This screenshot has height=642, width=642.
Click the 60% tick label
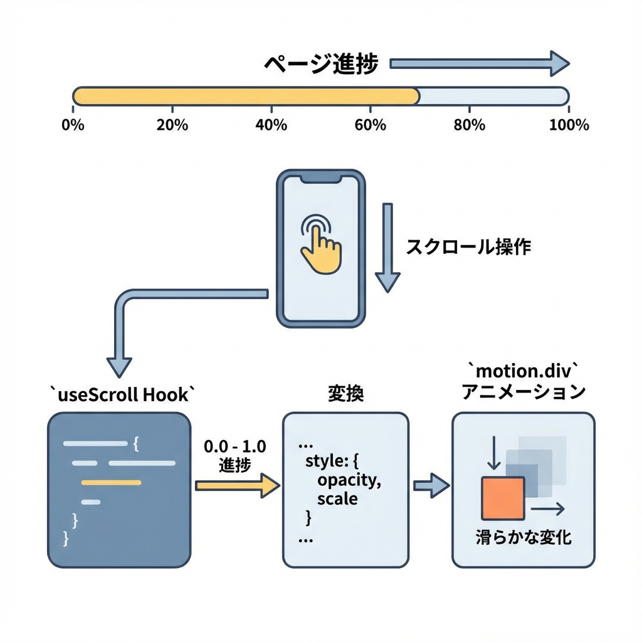pyautogui.click(x=370, y=125)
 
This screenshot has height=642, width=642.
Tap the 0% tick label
pyautogui.click(x=73, y=125)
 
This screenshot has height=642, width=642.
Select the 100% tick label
pyautogui.click(x=569, y=125)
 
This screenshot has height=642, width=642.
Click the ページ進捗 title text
pyautogui.click(x=320, y=64)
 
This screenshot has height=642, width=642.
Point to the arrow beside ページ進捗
pyautogui.click(x=479, y=63)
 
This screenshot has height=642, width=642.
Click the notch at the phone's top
pyautogui.click(x=320, y=179)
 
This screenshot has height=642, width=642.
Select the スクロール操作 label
pyautogui.click(x=468, y=246)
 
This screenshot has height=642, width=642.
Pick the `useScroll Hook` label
pyautogui.click(x=122, y=394)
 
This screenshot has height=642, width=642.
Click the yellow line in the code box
pyautogui.click(x=111, y=482)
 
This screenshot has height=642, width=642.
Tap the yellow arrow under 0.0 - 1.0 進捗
pyautogui.click(x=238, y=485)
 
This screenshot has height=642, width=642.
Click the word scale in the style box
pyautogui.click(x=337, y=499)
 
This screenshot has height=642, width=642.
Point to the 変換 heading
pyautogui.click(x=345, y=394)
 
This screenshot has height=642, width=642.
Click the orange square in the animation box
pyautogui.click(x=502, y=498)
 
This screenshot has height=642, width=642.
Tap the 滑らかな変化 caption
pyautogui.click(x=524, y=537)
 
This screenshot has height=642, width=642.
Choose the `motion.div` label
pyautogui.click(x=524, y=371)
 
